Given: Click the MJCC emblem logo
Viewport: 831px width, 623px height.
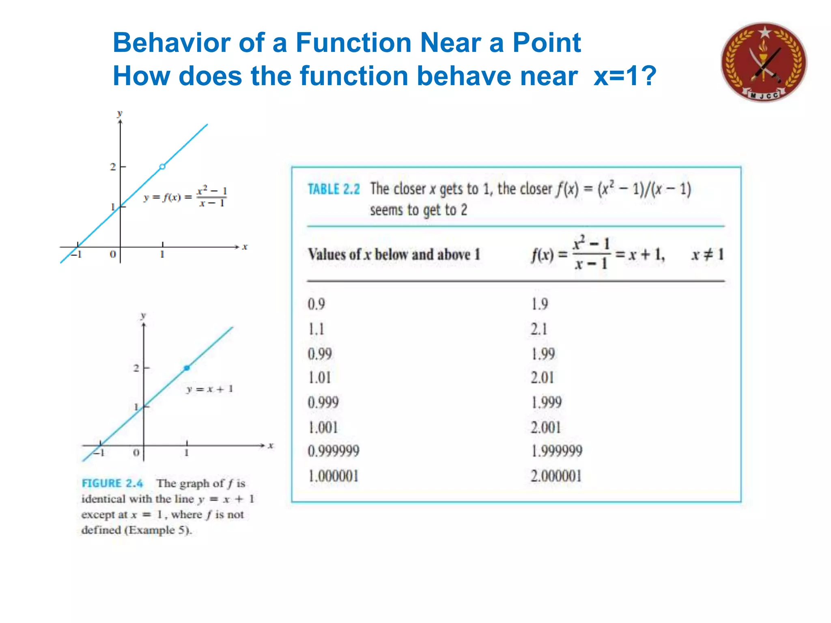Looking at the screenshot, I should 764,62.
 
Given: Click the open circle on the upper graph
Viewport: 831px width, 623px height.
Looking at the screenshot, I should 162,167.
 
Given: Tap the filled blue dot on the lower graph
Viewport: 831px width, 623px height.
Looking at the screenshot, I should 187,368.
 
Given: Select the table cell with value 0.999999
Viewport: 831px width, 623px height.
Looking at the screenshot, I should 334,451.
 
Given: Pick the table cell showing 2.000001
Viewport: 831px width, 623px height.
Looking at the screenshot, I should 556,476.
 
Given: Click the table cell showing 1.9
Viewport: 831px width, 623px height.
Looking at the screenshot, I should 540,304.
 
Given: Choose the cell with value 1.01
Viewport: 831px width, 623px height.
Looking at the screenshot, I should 320,378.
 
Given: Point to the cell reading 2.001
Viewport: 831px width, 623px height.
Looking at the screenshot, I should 546,427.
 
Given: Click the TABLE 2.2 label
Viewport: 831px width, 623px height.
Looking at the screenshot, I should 334,189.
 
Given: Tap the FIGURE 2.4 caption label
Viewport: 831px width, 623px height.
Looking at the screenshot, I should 112,483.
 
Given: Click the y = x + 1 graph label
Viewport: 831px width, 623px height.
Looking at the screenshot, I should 210,389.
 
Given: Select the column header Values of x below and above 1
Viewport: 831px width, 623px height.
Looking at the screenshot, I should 394,255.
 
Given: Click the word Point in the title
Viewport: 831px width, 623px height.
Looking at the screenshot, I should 547,43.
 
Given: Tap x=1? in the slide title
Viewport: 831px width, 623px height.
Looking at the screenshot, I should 624,76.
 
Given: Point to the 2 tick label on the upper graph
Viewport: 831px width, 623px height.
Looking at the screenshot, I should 113,167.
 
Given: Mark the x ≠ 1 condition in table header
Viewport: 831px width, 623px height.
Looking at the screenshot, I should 708,255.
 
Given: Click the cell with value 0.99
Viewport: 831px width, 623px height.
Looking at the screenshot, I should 320,354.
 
